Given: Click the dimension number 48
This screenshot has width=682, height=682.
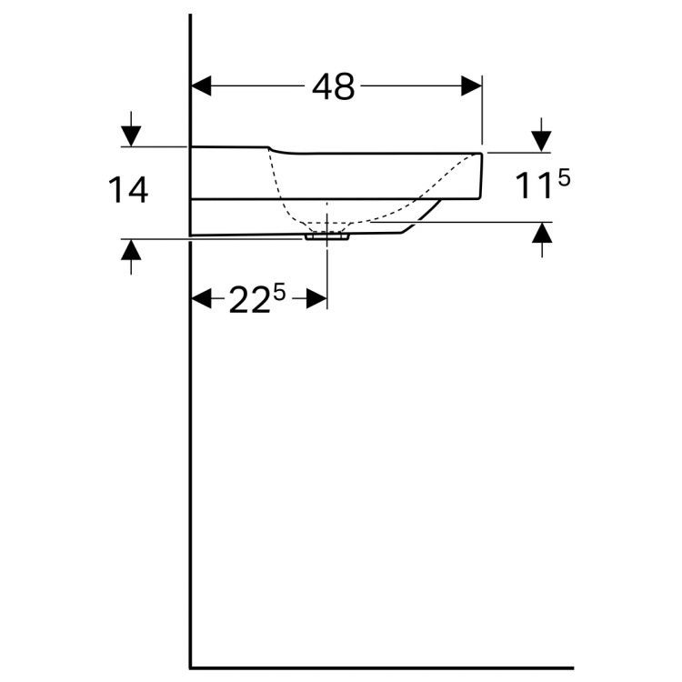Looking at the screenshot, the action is (333, 86).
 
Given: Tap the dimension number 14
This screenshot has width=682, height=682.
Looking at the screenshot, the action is (128, 190).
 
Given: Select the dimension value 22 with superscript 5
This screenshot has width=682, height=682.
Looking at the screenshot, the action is (257, 298).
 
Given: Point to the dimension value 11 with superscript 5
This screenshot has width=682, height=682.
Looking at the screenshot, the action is (542, 185).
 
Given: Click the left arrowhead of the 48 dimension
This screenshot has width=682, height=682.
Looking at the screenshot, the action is (201, 86).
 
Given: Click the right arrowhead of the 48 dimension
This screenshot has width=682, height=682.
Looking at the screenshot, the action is (471, 86).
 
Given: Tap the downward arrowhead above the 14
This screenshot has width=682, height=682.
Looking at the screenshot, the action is (131, 136).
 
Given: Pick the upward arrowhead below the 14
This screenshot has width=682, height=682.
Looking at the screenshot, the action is (131, 250).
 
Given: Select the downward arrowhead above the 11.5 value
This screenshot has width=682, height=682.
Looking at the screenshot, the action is (542, 141).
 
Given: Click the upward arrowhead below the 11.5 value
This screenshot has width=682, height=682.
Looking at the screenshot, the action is (542, 233).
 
